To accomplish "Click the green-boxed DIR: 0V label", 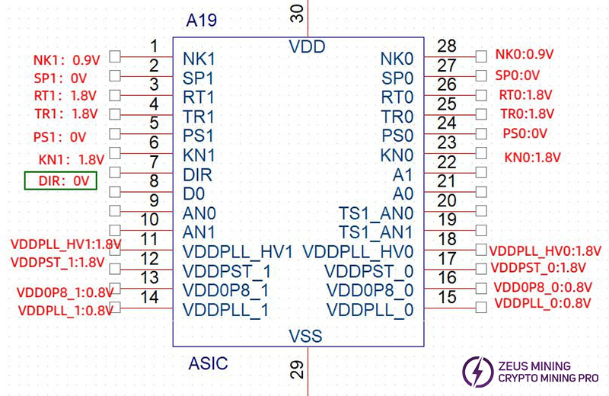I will pos(61,180).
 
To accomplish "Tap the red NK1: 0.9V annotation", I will pos(60,59).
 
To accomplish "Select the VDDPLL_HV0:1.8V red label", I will pos(545,250).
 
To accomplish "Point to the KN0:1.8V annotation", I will pos(532,158).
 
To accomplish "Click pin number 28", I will pos(447,46).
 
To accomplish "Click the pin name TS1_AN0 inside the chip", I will pos(376,213).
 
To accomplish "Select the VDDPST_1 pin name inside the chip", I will pos(227,272).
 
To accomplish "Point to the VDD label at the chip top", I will pos(307,47).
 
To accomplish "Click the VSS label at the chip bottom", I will pos(305,336).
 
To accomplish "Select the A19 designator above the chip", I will pos(202,21).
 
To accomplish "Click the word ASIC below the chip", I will pos(208,363).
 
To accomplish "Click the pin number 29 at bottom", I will pos(298,371).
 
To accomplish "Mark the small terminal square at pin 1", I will pos(115,56).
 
